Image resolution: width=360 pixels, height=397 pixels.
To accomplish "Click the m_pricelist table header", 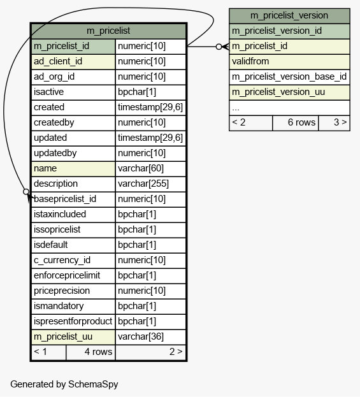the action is (108, 31).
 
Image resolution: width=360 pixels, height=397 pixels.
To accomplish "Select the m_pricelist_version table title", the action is (289, 16).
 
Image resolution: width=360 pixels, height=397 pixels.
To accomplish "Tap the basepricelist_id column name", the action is (65, 199).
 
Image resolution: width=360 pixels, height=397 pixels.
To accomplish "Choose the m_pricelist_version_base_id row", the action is (289, 77).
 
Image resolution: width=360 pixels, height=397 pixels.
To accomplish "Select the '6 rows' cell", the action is (295, 123).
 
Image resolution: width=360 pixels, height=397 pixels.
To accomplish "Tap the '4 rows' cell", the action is (90, 352).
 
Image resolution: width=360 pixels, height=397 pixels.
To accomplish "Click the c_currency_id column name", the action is (62, 260).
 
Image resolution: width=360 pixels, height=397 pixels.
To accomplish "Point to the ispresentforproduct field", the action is (73, 322).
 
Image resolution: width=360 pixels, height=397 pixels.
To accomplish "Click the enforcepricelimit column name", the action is (67, 275).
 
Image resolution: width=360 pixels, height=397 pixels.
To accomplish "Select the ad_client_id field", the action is (58, 62).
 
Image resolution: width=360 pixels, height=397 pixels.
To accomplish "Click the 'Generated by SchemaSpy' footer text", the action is (64, 384).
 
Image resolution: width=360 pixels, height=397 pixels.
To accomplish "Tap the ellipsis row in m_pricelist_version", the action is (289, 108).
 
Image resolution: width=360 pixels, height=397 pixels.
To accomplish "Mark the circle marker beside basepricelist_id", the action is (26, 192).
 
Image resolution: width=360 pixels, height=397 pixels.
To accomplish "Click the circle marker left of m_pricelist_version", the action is (219, 47).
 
